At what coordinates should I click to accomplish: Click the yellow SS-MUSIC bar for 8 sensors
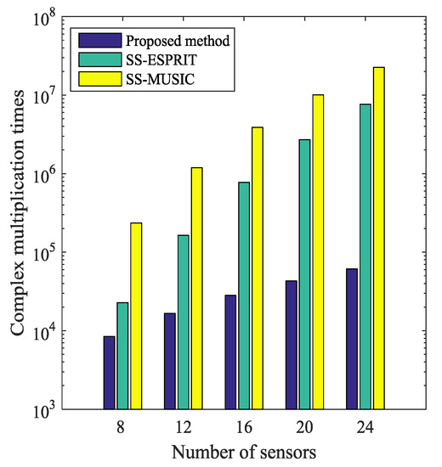click(136, 316)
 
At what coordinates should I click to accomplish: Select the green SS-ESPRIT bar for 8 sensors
click(122, 356)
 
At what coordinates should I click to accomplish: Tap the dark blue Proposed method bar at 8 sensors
click(109, 373)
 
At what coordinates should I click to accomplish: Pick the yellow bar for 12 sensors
click(196, 288)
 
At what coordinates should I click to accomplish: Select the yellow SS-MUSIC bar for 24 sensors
click(379, 238)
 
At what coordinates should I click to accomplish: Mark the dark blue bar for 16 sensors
click(230, 352)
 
